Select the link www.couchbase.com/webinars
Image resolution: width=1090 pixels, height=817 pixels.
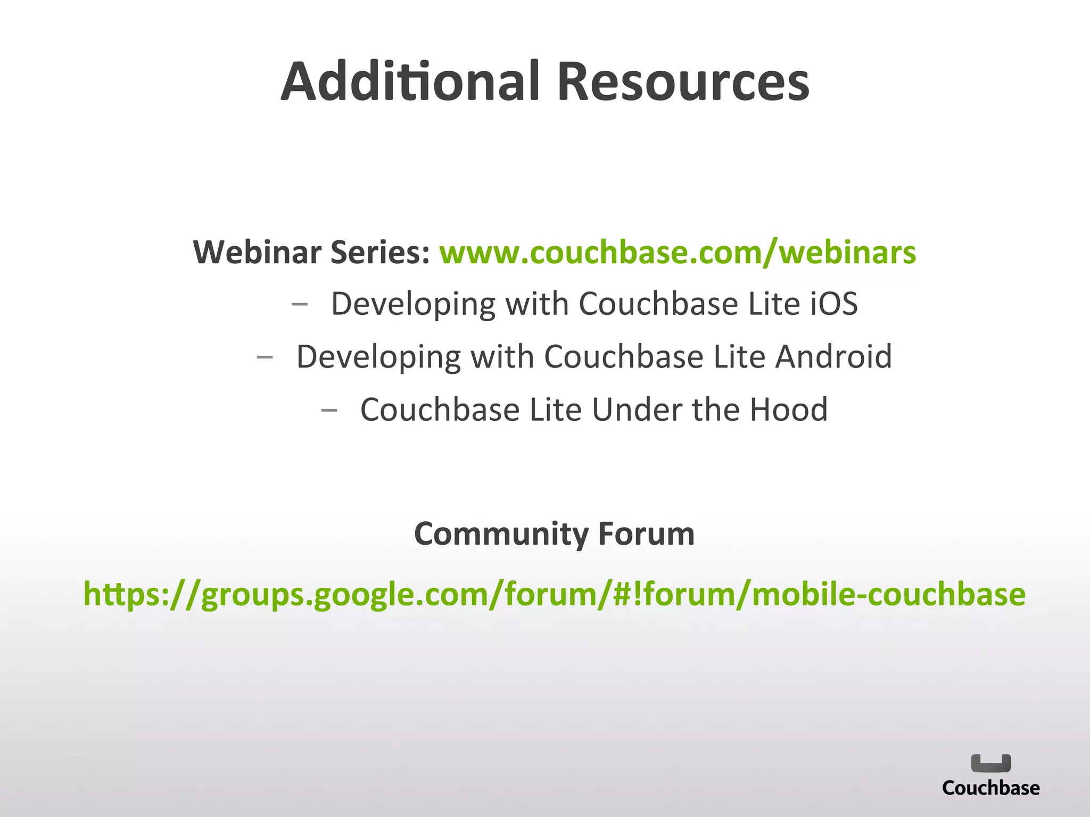click(x=678, y=252)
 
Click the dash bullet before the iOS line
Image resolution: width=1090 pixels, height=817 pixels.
click(x=300, y=305)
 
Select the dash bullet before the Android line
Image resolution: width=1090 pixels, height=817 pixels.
click(x=265, y=357)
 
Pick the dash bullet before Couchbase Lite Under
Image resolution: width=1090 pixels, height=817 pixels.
click(x=329, y=410)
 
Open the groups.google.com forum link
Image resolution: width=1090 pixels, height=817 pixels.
click(x=554, y=594)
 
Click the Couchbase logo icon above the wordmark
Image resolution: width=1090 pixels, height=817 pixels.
click(x=991, y=763)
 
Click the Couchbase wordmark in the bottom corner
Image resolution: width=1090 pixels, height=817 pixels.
click(x=990, y=788)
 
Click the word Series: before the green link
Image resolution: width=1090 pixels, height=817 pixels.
click(x=380, y=252)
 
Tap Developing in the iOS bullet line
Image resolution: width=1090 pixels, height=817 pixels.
click(x=413, y=305)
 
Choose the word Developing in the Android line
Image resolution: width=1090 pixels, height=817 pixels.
click(x=378, y=357)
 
